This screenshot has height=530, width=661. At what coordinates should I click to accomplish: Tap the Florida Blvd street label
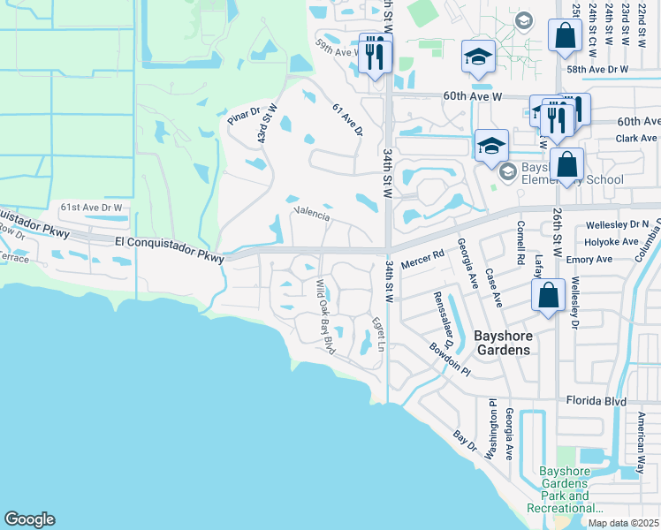(x=596, y=402)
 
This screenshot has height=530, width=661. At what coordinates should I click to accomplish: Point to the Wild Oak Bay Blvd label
(x=326, y=316)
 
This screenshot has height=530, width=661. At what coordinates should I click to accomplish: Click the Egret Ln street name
(x=378, y=334)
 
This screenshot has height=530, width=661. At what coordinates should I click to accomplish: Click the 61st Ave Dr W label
(x=90, y=208)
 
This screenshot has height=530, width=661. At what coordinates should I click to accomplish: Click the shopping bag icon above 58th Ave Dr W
(x=565, y=37)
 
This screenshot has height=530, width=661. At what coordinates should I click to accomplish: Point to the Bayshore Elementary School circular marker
(x=506, y=170)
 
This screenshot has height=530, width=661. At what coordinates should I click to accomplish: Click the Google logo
(x=29, y=519)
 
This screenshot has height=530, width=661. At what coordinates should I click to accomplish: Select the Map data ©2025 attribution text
(x=622, y=523)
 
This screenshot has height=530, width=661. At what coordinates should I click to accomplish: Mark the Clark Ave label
(x=637, y=139)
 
